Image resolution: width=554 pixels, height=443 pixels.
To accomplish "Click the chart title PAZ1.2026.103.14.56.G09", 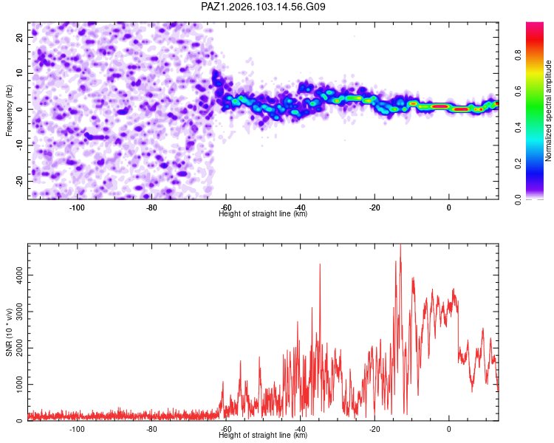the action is tap(263, 7).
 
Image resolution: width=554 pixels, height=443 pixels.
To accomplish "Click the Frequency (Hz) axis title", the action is tap(9, 111).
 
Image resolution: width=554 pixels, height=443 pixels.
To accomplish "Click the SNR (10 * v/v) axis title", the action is tap(9, 332).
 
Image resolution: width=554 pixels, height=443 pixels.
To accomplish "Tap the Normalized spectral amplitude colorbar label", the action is tap(548, 111).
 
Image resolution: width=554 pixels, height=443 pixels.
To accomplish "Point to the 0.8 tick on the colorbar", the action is tap(518, 55).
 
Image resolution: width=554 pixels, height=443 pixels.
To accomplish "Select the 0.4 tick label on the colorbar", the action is tap(518, 127).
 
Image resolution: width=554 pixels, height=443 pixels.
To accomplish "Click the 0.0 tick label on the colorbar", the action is tap(518, 199).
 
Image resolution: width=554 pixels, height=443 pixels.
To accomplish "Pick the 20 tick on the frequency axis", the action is tap(19, 37).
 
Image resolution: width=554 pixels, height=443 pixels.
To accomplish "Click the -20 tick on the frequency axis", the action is tap(19, 181).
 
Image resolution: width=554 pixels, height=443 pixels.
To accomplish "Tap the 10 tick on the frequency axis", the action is tap(19, 73).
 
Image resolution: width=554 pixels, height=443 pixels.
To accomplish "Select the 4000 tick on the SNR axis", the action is tap(19, 275).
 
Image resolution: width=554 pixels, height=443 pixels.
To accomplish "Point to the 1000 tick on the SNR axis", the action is tap(19, 385).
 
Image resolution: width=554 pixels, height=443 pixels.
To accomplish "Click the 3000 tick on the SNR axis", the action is tap(19, 312).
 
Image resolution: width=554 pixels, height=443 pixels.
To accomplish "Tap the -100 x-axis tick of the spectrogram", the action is tap(77, 207).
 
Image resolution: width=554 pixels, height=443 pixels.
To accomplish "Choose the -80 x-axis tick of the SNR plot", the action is tap(151, 429).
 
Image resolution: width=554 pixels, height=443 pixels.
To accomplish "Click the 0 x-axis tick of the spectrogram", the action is tap(448, 207).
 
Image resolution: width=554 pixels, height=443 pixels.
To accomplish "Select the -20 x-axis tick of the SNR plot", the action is tap(375, 429).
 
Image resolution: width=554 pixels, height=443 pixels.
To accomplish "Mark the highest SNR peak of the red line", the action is tap(400, 244).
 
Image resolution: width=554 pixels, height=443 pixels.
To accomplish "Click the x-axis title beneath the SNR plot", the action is tap(263, 435).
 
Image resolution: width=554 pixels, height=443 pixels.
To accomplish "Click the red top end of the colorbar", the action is tap(535, 24).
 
